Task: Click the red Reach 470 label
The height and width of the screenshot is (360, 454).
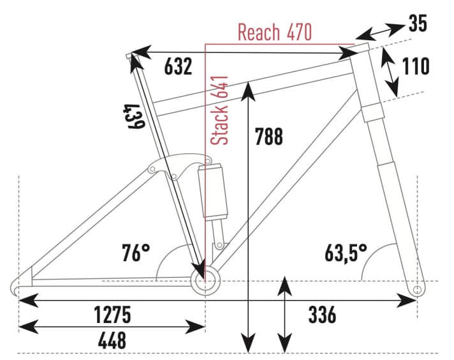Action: (275, 32)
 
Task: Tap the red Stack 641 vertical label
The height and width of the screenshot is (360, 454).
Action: (220, 111)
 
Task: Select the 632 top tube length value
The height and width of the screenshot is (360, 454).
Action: (178, 66)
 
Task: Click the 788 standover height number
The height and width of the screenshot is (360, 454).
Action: (268, 137)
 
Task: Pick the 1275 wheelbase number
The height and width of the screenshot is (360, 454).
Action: (112, 314)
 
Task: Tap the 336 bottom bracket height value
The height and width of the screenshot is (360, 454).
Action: (322, 314)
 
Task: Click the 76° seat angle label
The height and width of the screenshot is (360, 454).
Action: (136, 253)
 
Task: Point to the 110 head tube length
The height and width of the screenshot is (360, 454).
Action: (415, 66)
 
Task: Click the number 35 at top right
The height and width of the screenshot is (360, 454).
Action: (418, 24)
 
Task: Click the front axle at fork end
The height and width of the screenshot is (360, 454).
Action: (418, 290)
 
